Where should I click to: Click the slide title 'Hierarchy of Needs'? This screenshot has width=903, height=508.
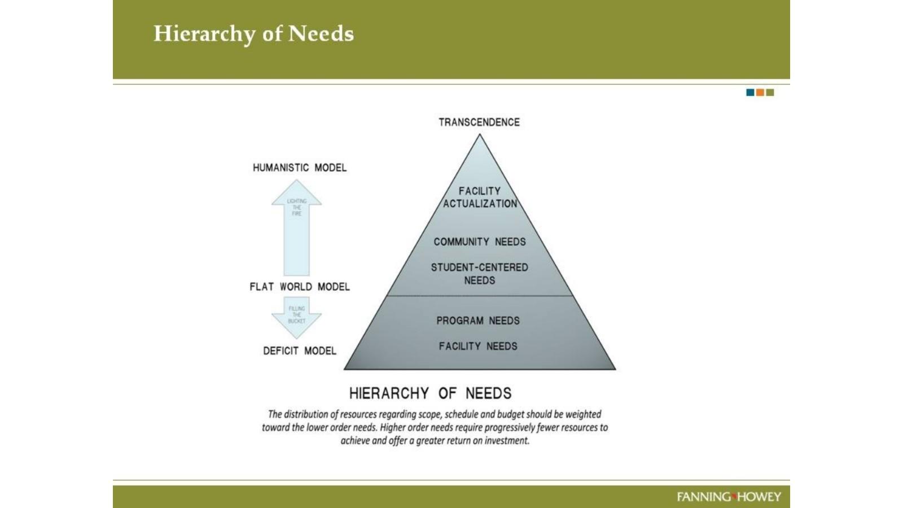253,34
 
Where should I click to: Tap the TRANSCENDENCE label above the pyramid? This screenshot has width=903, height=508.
479,122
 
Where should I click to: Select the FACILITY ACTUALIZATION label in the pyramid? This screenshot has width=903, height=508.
480,197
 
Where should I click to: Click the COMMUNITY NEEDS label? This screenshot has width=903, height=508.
480,242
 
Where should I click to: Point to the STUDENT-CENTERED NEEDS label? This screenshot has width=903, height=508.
480,274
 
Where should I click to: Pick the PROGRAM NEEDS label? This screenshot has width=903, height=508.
478,321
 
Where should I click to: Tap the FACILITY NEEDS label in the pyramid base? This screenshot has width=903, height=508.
478,346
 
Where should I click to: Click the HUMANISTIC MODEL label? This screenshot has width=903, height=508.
300,168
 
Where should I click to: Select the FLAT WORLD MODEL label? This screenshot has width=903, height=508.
300,287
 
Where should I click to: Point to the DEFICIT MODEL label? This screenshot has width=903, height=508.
300,351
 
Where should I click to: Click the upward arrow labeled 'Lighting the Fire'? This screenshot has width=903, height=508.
297,226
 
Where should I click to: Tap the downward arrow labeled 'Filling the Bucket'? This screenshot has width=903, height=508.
297,317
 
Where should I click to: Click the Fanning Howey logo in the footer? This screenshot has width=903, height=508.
729,497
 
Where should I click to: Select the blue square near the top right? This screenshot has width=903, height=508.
750,93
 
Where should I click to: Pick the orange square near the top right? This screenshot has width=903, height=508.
760,93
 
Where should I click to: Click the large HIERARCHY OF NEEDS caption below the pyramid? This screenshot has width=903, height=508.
430,393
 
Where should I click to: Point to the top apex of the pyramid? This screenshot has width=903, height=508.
480,135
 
